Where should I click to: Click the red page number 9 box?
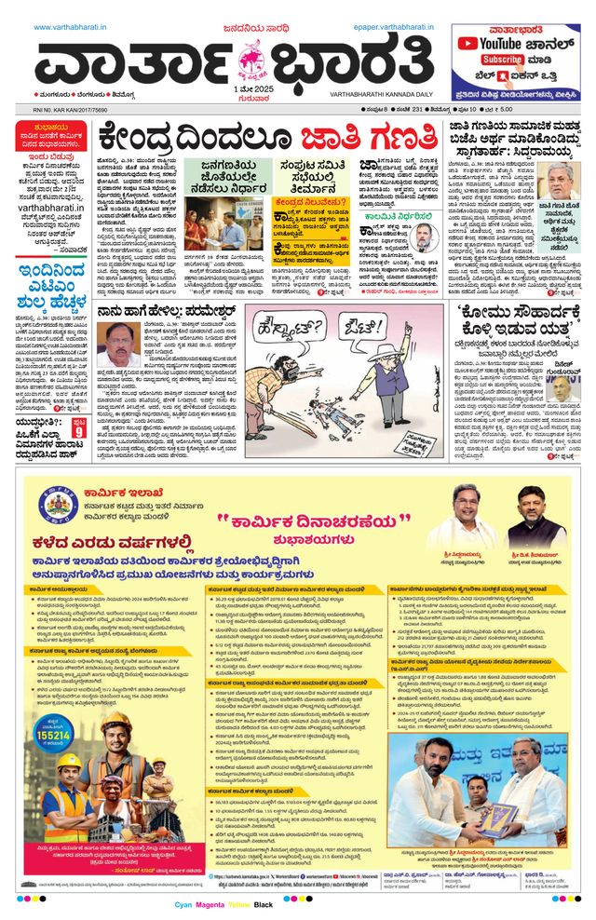tap(79, 431)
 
